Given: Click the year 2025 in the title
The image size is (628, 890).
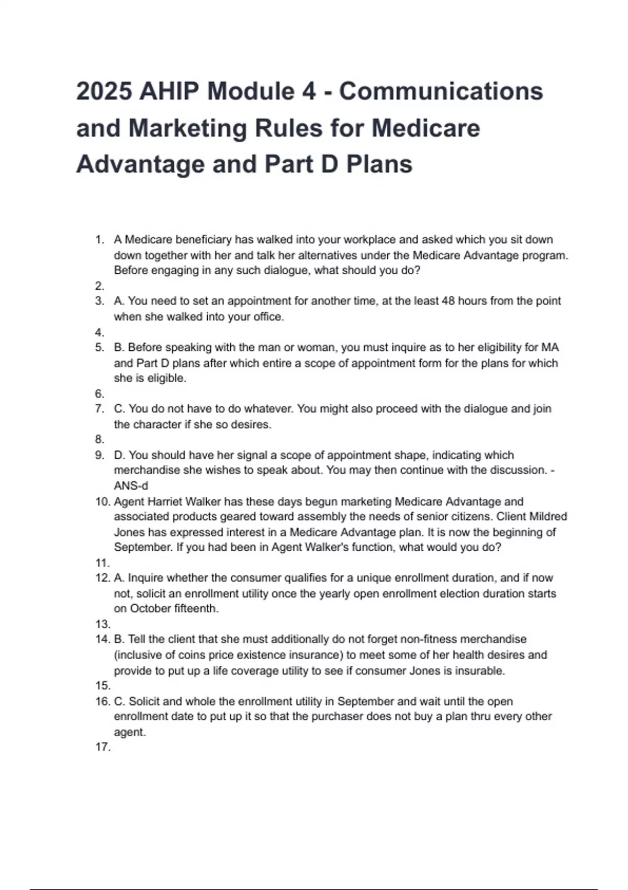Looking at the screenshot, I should pos(104,92).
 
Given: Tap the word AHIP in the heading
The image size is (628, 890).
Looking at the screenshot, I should pos(169,92).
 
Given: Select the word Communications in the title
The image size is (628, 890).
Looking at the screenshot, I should pos(441,92).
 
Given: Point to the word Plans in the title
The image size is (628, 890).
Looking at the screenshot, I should pos(379,164).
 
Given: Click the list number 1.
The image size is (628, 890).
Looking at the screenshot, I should pos(99,240).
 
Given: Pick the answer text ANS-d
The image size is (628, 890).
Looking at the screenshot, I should pos(131,486).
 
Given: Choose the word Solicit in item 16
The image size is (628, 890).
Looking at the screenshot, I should pos(144,702).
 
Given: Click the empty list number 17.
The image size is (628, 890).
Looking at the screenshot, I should pos(103,747).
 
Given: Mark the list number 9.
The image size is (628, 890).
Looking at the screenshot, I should pos(99,455).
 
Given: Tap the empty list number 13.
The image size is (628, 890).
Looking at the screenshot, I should pos(103,624).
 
